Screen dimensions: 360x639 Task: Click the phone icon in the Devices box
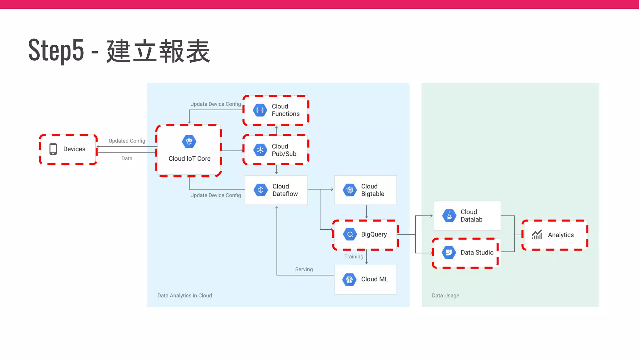[x=53, y=149]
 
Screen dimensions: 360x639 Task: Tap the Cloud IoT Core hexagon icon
[x=189, y=142]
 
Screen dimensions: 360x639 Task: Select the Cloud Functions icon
[x=260, y=110]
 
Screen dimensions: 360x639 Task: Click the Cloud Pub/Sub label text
[x=284, y=150]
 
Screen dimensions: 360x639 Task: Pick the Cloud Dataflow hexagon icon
[x=261, y=190]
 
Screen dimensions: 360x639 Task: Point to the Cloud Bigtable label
[x=373, y=190]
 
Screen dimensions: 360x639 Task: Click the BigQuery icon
[x=350, y=234]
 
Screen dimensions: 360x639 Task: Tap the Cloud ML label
[x=374, y=279]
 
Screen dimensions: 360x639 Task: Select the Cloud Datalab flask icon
[x=449, y=216]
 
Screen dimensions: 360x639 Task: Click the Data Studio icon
[x=449, y=252]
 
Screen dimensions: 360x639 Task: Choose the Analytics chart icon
[x=537, y=235]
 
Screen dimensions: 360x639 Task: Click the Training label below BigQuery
[x=354, y=257]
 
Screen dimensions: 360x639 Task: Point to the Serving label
[x=304, y=269]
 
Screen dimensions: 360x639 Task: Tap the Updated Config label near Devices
[x=127, y=141]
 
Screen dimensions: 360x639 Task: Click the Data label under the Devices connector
[x=127, y=158]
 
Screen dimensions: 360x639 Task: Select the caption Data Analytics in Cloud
[x=184, y=296]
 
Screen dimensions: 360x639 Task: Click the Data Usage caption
[x=445, y=296]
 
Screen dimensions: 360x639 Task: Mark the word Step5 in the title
[x=56, y=50]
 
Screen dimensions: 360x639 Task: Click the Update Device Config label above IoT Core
[x=215, y=104]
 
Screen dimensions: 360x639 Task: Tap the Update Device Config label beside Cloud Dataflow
[x=215, y=195]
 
